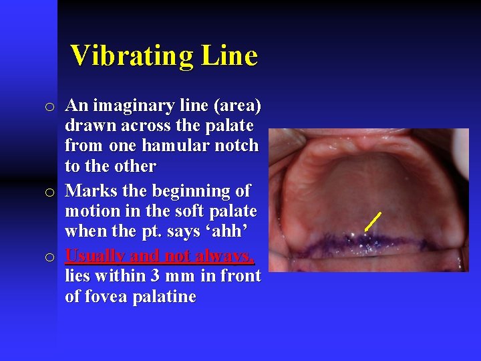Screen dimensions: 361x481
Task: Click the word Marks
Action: click(x=91, y=191)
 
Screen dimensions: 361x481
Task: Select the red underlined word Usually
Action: click(x=95, y=256)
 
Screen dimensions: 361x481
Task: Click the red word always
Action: click(x=228, y=256)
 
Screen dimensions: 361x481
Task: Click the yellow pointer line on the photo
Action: click(x=373, y=221)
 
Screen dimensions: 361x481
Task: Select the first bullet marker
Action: click(x=49, y=107)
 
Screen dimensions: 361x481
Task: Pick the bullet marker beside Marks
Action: click(x=49, y=193)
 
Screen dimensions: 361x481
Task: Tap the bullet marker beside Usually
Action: click(x=49, y=257)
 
